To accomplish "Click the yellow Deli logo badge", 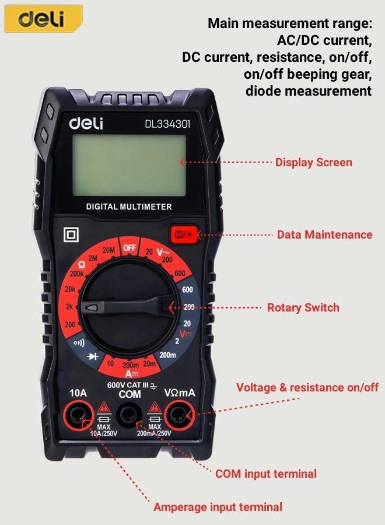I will (43, 19).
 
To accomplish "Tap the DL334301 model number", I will (167, 124).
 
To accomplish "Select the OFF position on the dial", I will (129, 248).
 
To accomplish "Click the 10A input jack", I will (79, 416).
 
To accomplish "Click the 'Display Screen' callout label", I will (313, 162).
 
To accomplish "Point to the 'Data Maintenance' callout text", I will (324, 235).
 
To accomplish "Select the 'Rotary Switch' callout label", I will (303, 307).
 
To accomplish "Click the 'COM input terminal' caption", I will (265, 474).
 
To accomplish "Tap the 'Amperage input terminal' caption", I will (218, 507).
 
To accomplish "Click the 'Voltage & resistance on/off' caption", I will (307, 387).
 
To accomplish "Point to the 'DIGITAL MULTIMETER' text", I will (129, 206).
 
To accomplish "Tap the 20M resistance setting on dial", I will (108, 251).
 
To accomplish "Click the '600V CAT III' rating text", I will (127, 385).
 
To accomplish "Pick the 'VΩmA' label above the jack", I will (179, 394).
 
